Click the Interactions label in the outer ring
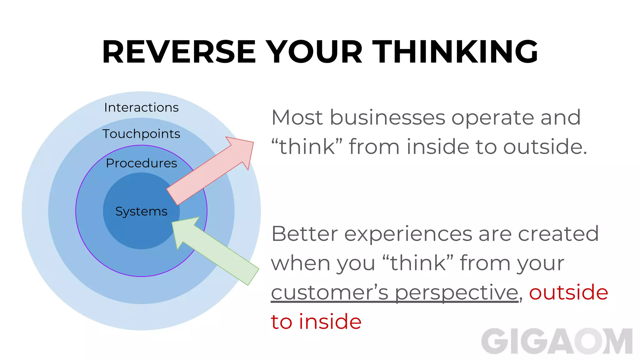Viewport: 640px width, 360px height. coord(141,107)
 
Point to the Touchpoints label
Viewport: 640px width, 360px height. coord(141,134)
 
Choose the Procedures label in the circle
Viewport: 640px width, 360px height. coord(141,163)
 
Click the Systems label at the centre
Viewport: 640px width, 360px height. coord(141,212)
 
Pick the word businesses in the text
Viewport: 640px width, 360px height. coord(387,118)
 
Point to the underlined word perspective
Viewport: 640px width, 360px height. coord(457,293)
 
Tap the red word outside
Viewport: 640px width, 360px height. coord(568,292)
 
